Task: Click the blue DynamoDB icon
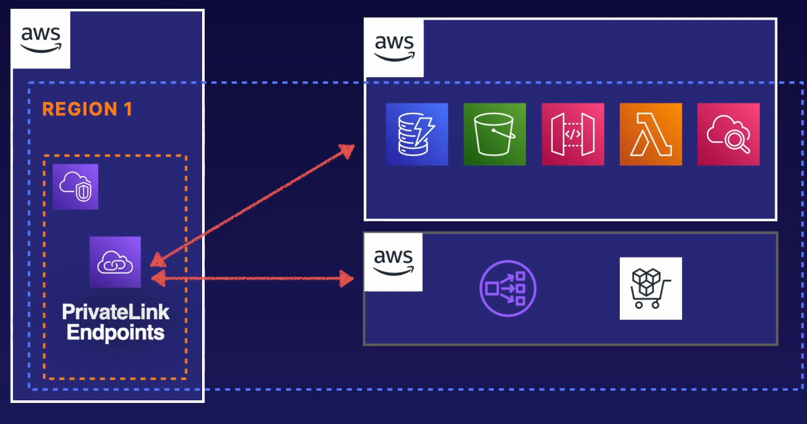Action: tap(417, 134)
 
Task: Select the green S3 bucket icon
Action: tap(495, 134)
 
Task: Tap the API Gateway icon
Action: tap(572, 134)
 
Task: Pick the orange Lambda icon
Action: tap(650, 134)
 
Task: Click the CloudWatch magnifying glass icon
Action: tap(728, 134)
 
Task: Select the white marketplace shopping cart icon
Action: tap(650, 288)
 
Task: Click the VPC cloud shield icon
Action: tap(76, 186)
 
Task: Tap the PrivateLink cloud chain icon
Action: tap(116, 262)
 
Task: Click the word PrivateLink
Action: tap(116, 312)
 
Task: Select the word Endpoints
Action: tap(116, 332)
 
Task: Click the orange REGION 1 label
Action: tap(87, 109)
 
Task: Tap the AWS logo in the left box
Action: tap(41, 39)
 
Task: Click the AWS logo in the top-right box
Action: tap(394, 48)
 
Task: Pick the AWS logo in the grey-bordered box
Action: tap(393, 262)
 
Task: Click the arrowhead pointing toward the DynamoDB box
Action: tap(348, 149)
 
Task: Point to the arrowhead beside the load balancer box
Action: tap(347, 278)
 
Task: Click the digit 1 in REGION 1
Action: tap(128, 109)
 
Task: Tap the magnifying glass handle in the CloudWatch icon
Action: tap(744, 147)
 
